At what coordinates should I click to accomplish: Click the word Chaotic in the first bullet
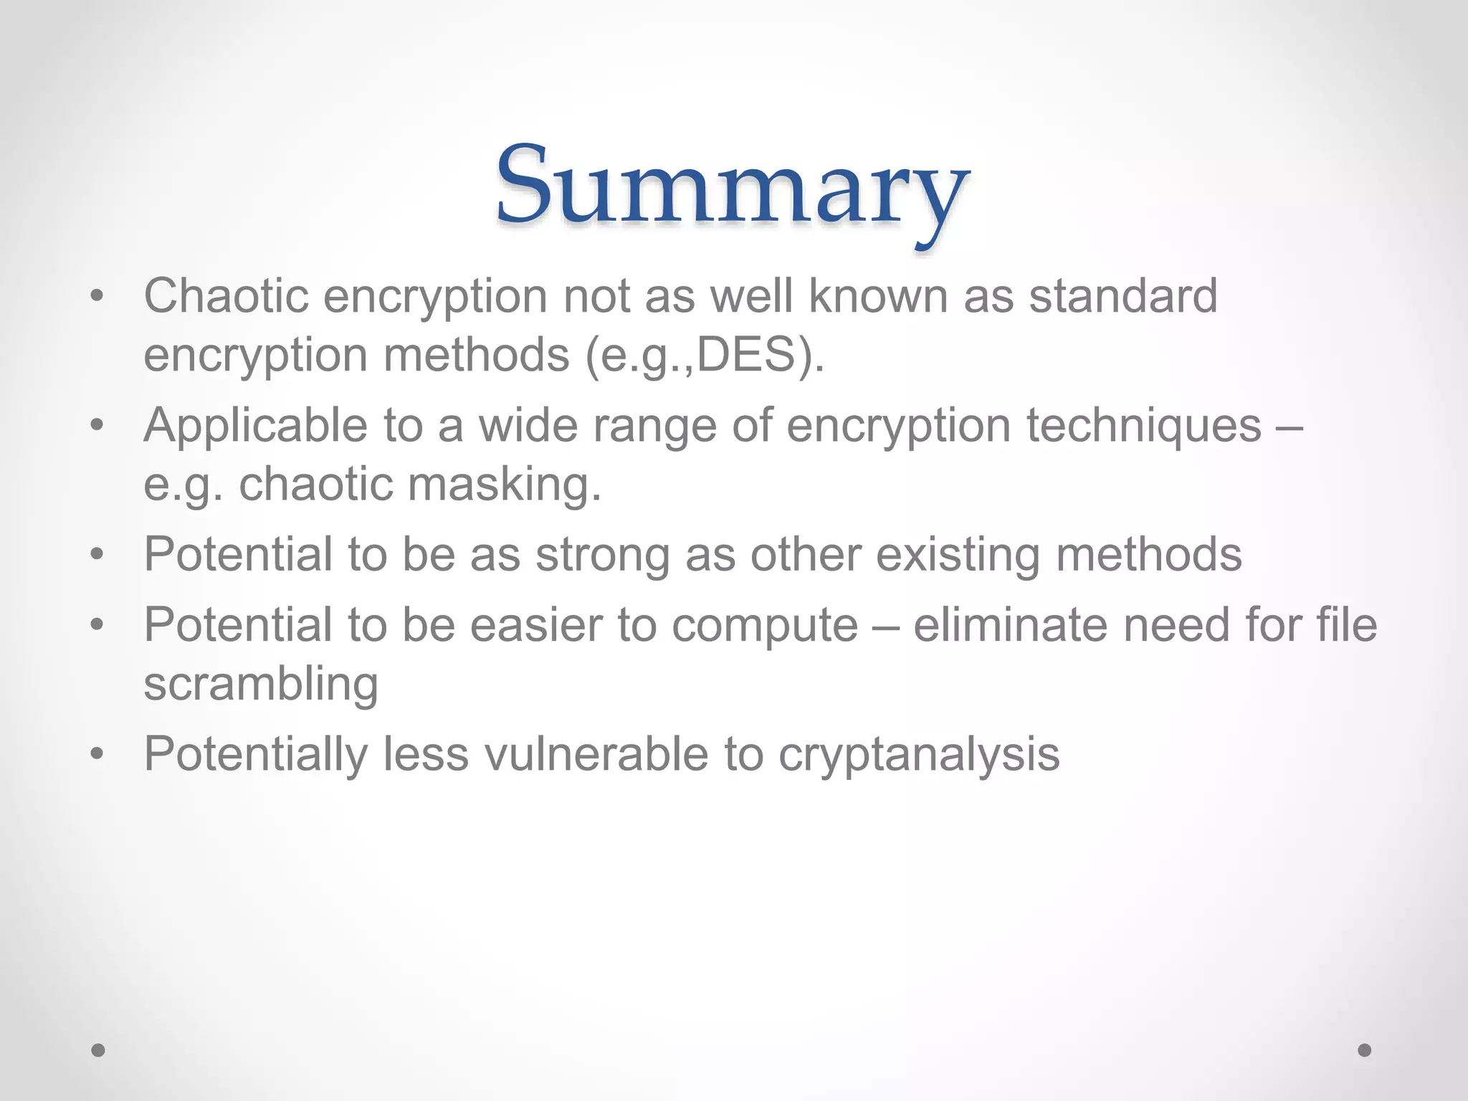[226, 295]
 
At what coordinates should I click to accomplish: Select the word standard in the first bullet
[1123, 295]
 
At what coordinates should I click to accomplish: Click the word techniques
[1143, 426]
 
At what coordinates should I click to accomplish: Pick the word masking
[504, 485]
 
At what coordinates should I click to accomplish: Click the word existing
[958, 555]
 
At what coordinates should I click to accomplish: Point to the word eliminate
[1010, 625]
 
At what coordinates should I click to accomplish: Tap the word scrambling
[260, 684]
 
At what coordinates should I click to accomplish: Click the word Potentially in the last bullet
[256, 754]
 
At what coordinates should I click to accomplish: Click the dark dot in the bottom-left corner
[98, 1050]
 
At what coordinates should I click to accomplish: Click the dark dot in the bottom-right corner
[1365, 1050]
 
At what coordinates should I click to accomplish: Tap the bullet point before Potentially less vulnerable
[97, 755]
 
